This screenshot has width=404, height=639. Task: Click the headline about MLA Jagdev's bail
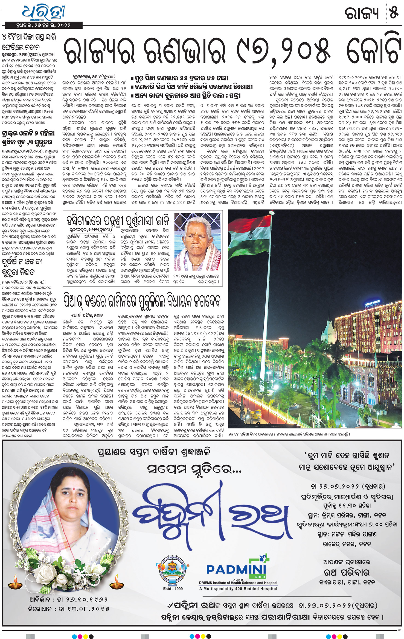pos(142,300)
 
